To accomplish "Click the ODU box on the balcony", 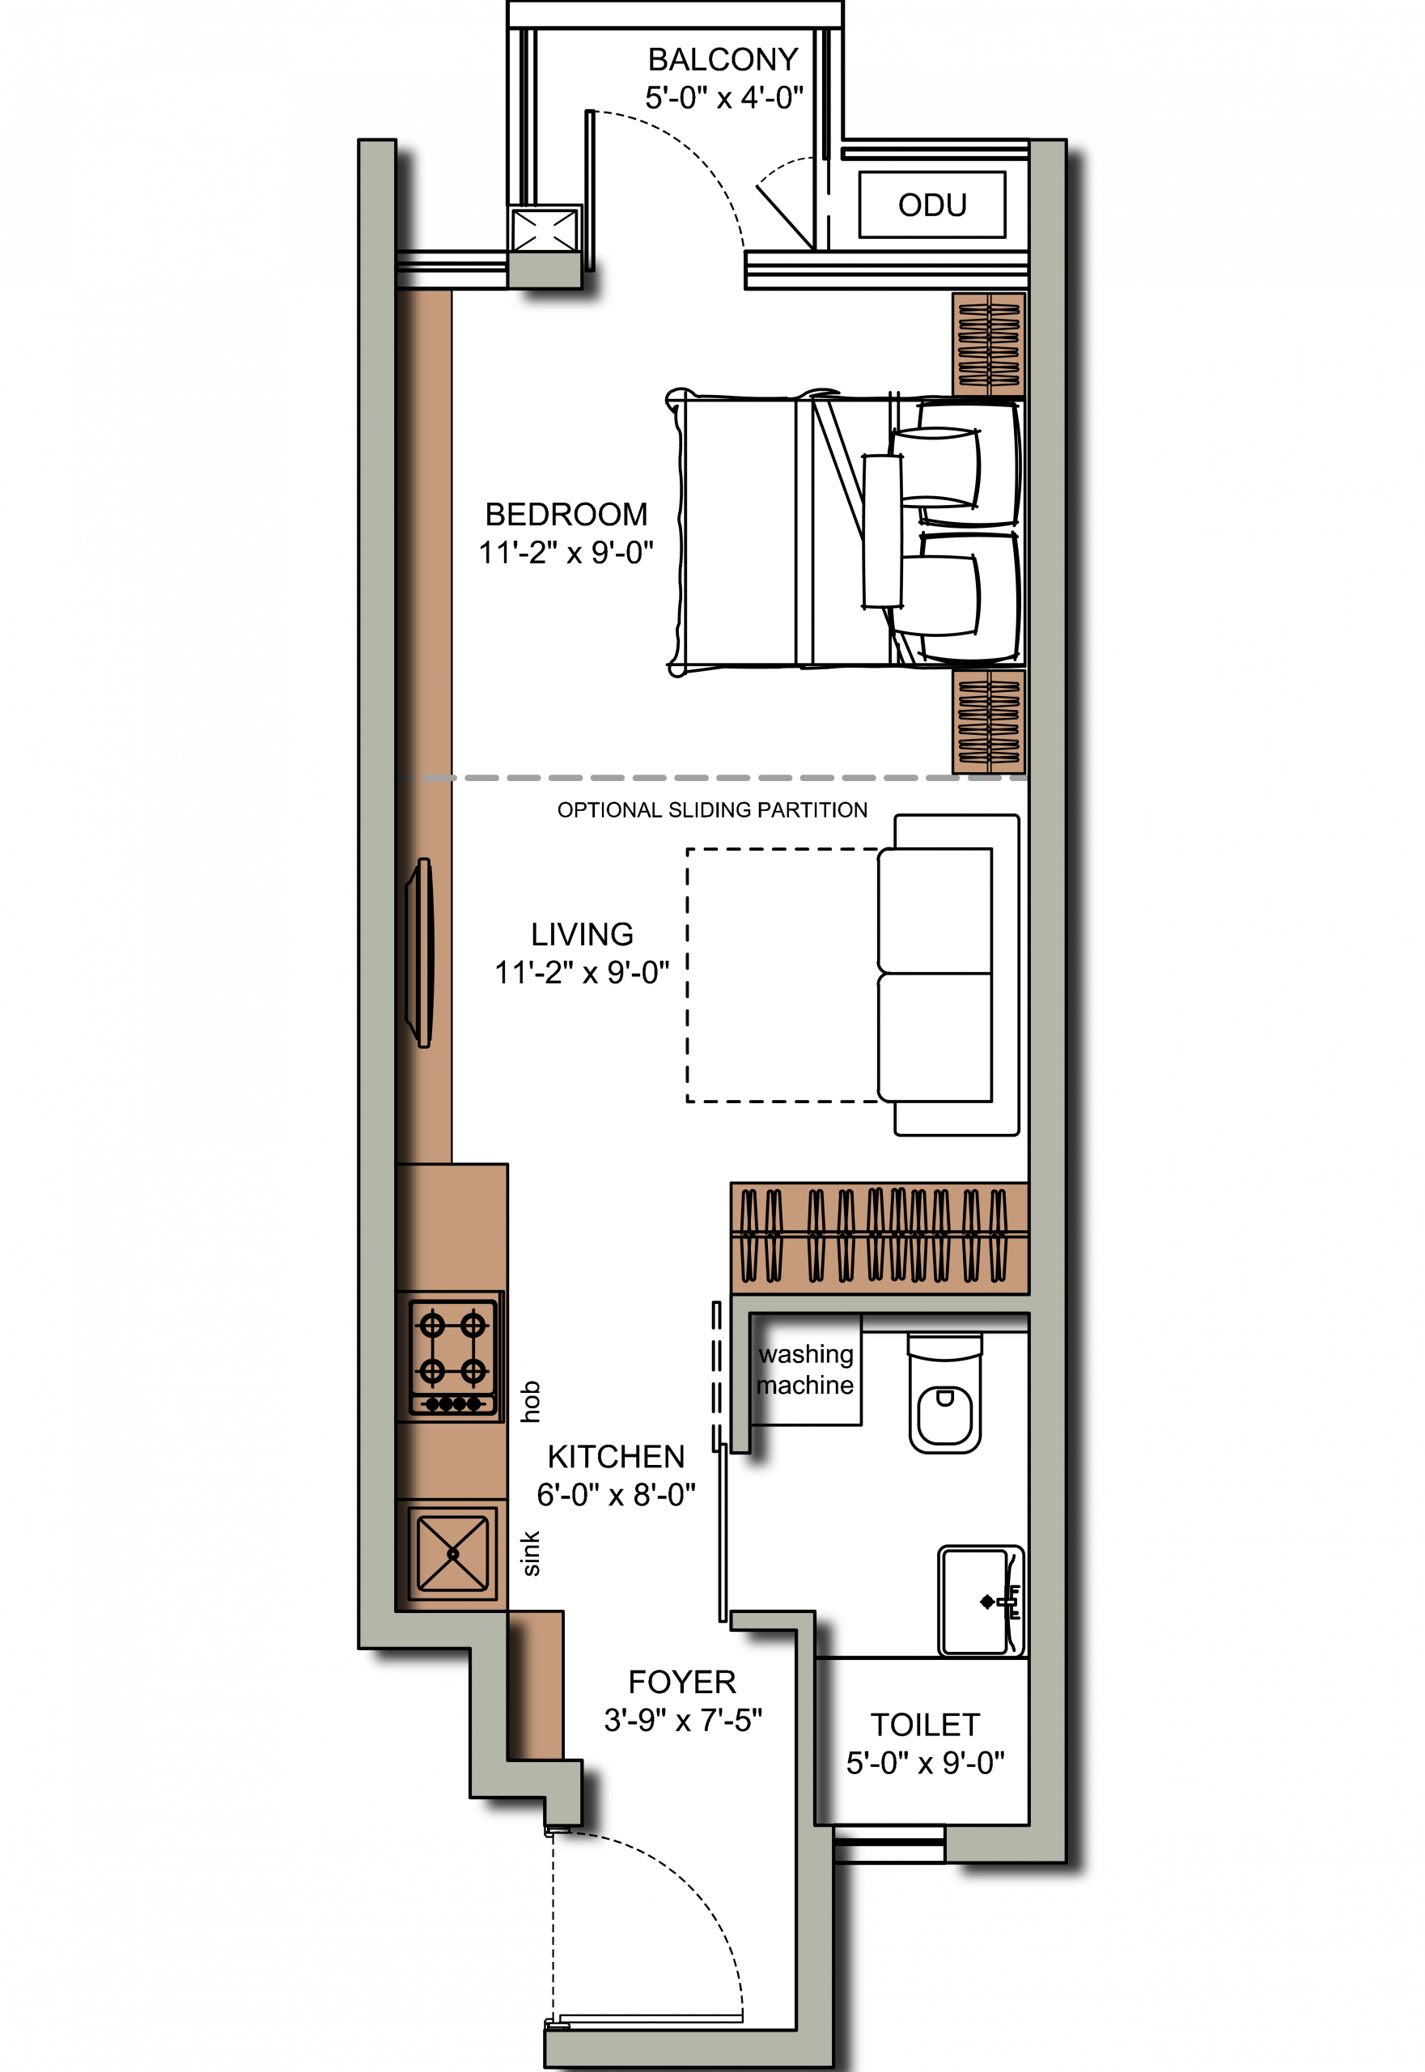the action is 932,205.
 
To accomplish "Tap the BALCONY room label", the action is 723,60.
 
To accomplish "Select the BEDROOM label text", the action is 566,515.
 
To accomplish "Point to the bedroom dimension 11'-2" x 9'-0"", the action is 566,553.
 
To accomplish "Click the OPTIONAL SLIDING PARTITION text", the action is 712,810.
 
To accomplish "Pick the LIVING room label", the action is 582,934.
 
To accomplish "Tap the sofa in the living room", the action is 948,975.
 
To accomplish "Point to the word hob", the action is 530,1401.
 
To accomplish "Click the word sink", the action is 530,1554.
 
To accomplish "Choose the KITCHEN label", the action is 616,1457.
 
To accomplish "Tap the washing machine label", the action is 805,1370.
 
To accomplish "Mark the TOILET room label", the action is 925,1725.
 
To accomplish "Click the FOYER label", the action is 682,1682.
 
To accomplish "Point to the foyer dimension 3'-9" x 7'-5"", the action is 683,1720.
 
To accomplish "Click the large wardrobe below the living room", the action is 880,1237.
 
